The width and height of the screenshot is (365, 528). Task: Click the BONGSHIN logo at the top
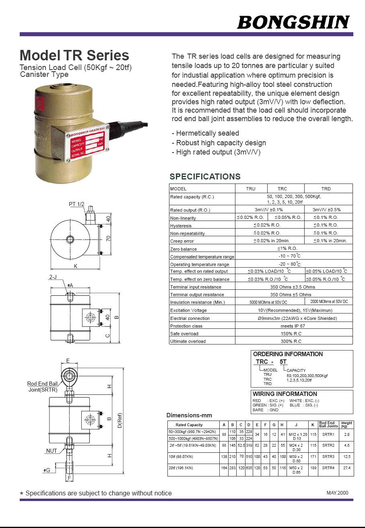[x=293, y=22]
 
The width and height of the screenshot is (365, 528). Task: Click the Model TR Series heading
[x=74, y=56]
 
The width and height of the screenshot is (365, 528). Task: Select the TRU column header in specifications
[x=251, y=188]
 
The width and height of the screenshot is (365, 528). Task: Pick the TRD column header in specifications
[x=326, y=188]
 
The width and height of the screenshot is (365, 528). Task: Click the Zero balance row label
[x=183, y=249]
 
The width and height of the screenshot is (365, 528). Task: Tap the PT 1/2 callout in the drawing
[x=76, y=204]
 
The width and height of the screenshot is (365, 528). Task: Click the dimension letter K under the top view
[x=75, y=266]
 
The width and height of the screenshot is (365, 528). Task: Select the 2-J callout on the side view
[x=53, y=277]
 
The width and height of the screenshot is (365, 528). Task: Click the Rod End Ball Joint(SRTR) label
[x=43, y=387]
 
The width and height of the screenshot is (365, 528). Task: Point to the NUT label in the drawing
[x=52, y=451]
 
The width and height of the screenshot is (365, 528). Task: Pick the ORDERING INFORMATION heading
[x=288, y=354]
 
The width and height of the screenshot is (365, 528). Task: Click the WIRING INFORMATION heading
[x=285, y=394]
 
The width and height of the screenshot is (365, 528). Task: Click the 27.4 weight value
[x=346, y=468]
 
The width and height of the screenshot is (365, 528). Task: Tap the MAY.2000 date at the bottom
[x=337, y=493]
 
